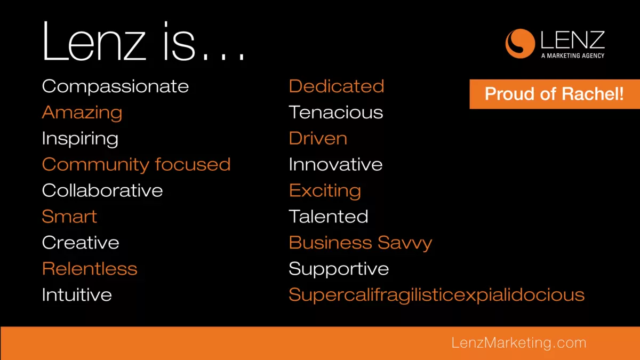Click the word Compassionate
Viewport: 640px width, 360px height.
pos(115,86)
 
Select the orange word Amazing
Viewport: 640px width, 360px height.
pos(82,113)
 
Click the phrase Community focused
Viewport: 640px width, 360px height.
pos(136,164)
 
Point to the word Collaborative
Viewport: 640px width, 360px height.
pos(102,190)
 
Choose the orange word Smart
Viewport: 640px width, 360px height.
pos(69,217)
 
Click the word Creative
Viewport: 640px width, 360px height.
pos(81,243)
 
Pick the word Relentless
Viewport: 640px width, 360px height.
pos(90,269)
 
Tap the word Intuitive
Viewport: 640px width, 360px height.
pos(77,294)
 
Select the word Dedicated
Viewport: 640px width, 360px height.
pos(337,86)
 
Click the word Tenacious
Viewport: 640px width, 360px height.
pos(335,113)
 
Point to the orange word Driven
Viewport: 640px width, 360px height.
pos(318,138)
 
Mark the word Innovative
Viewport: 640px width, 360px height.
pos(335,164)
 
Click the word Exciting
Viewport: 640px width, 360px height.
pos(325,191)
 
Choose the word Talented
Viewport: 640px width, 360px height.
pos(329,217)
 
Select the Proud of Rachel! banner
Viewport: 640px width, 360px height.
pos(555,94)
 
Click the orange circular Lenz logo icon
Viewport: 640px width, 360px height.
pos(520,43)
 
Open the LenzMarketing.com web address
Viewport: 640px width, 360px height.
pos(519,343)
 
